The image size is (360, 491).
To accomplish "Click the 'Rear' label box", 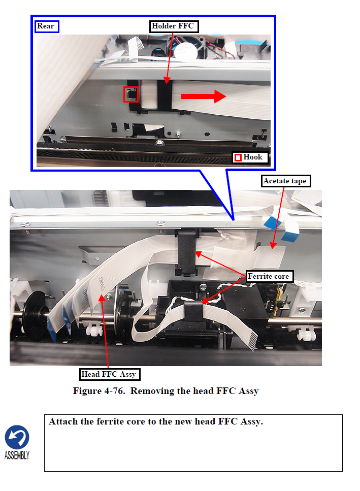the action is (46, 26).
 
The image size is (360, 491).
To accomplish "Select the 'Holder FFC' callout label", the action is (174, 26).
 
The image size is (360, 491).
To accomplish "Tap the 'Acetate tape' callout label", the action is (285, 181).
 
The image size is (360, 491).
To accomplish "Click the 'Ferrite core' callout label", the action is (269, 277).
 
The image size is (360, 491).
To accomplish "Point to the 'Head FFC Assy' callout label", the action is (109, 374).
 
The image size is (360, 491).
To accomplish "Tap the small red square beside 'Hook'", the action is (238, 157).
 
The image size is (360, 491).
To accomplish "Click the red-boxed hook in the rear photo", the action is (131, 94).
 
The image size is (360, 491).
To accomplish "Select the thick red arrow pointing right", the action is (204, 96).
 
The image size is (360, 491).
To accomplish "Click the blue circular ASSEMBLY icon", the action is (17, 437).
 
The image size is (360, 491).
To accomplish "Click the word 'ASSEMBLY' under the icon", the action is (17, 455).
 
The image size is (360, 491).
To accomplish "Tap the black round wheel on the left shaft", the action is (36, 316).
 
